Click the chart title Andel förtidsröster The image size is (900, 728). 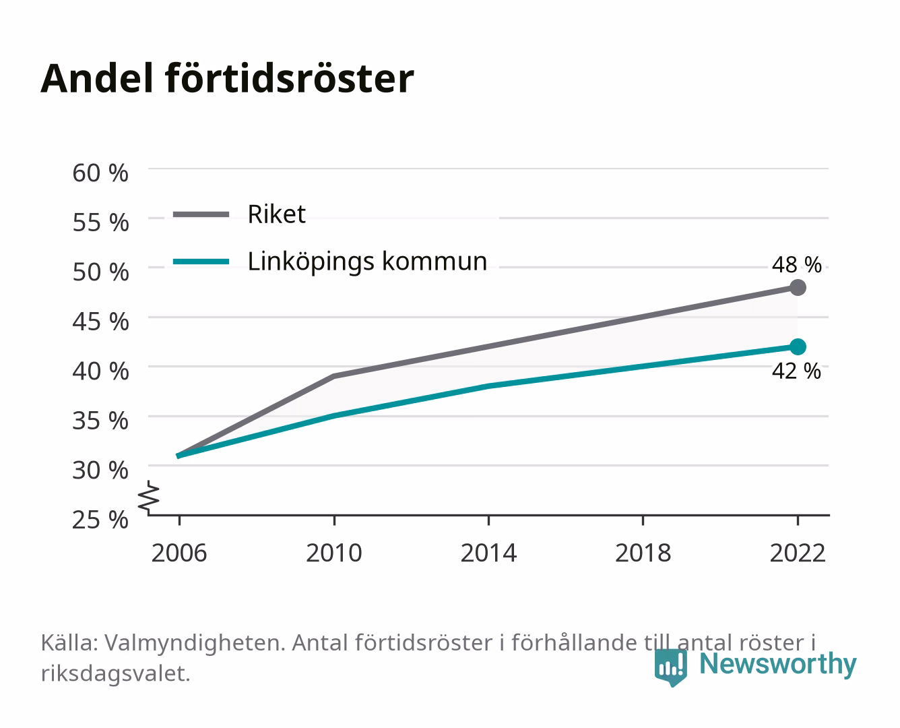click(x=227, y=78)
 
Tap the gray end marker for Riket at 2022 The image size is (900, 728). click(x=798, y=288)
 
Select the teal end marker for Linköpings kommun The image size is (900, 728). click(x=798, y=347)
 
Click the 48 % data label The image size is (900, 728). click(x=796, y=265)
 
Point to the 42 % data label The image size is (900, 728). click(x=796, y=371)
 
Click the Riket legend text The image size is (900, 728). click(x=276, y=214)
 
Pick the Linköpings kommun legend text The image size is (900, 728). click(x=367, y=262)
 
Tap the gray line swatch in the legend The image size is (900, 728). click(x=201, y=214)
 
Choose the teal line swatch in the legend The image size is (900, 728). click(x=201, y=262)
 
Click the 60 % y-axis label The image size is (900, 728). click(x=100, y=173)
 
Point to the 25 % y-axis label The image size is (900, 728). click(x=100, y=520)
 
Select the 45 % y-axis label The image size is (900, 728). click(x=100, y=322)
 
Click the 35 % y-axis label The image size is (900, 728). click(x=100, y=421)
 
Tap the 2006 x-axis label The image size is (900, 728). click(x=179, y=553)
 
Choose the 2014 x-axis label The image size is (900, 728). click(x=488, y=553)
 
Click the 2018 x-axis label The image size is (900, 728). click(x=643, y=553)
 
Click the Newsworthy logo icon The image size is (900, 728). click(x=670, y=667)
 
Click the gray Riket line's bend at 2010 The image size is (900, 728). click(x=334, y=376)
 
